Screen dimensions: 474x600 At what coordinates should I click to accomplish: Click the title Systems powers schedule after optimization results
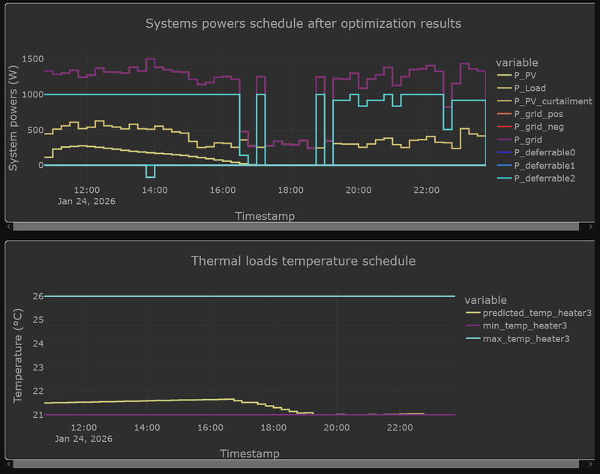[x=303, y=23]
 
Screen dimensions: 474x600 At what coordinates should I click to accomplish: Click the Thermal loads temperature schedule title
[x=303, y=261]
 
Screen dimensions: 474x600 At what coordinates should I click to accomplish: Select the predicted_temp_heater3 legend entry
[x=537, y=313]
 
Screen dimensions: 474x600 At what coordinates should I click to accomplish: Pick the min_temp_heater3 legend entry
[x=525, y=325]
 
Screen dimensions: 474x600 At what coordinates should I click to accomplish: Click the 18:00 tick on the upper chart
[x=290, y=190]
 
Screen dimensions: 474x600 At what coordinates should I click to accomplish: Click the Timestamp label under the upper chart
[x=265, y=216]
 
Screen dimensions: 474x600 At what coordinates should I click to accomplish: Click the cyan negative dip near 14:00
[x=151, y=173]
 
